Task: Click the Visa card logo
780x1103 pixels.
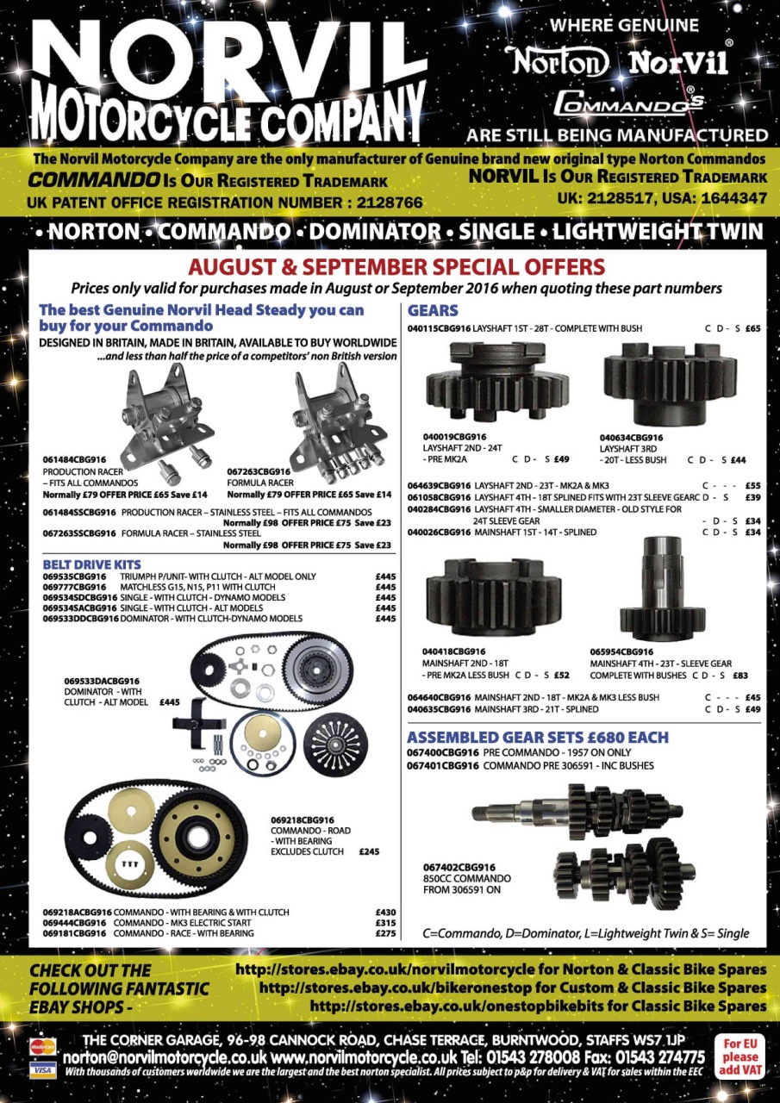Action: click(38, 1069)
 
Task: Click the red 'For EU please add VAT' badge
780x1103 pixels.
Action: click(740, 1056)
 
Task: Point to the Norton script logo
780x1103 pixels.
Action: click(560, 61)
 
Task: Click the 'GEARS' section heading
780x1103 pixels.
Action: click(433, 310)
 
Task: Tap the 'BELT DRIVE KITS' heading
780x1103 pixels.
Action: click(91, 564)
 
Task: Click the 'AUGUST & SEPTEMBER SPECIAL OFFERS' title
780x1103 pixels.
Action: click(396, 266)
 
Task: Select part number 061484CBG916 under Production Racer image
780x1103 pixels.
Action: click(75, 460)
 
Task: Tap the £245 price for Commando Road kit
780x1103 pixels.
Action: click(371, 851)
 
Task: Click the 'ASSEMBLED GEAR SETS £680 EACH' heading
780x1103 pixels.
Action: click(537, 738)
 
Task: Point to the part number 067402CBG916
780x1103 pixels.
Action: click(459, 867)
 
